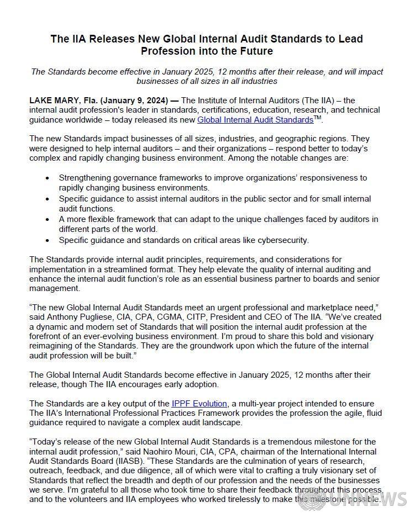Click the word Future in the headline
(x=255, y=51)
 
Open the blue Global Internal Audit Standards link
(x=255, y=120)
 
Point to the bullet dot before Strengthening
(x=47, y=178)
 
